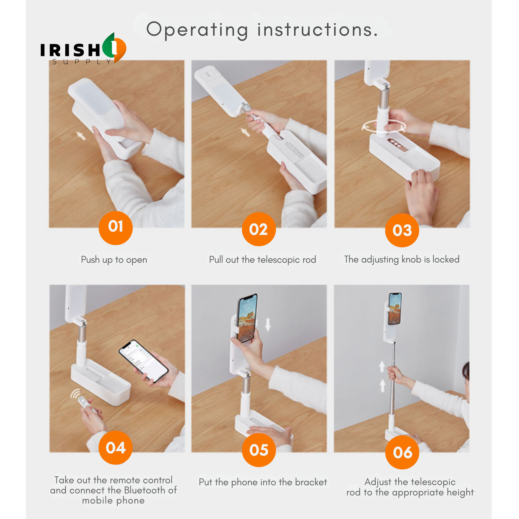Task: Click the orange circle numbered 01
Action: [x=115, y=228]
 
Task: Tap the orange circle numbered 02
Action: [x=259, y=229]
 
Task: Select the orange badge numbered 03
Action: [x=402, y=230]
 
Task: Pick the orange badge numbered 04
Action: [x=115, y=448]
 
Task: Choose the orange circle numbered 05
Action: [x=259, y=450]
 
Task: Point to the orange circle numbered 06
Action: [x=402, y=452]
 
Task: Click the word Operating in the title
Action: [x=197, y=30]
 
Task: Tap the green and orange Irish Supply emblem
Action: [x=114, y=48]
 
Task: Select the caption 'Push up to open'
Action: [x=114, y=260]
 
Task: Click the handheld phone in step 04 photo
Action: [x=144, y=361]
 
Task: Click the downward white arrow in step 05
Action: [x=268, y=325]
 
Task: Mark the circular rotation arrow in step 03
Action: [x=384, y=126]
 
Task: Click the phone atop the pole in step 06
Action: [x=395, y=309]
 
